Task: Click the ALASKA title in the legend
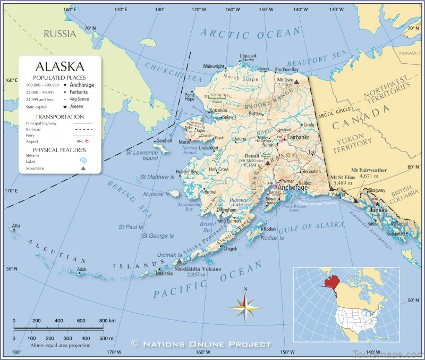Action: point(59,66)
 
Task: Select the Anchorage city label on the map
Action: point(292,188)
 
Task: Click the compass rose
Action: point(245,306)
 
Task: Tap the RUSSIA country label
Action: point(60,34)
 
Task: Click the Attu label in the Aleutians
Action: point(16,226)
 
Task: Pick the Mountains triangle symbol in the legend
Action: point(83,168)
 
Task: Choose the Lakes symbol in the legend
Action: point(82,161)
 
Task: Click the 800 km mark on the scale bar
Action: point(105,321)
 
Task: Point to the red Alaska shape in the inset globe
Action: point(328,279)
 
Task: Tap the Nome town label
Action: point(184,143)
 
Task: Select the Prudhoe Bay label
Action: point(287,70)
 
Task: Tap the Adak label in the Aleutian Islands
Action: point(81,269)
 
